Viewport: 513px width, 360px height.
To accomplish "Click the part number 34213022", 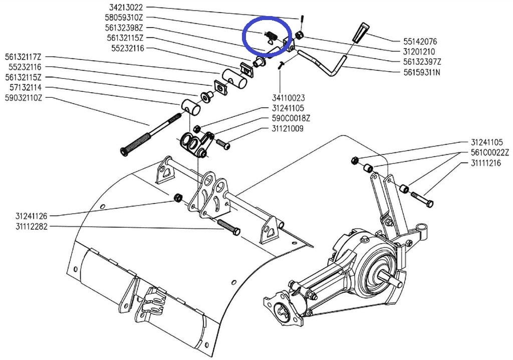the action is (x=126, y=7).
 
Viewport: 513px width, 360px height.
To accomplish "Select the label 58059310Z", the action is (x=124, y=18).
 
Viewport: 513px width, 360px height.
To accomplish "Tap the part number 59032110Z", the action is (x=23, y=98).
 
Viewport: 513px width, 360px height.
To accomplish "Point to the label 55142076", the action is (x=420, y=41).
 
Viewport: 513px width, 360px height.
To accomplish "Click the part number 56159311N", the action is (x=422, y=72).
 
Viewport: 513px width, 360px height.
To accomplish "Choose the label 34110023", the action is (x=288, y=98).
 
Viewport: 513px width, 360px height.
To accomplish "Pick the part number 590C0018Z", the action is (x=291, y=118).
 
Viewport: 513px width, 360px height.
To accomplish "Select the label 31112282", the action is (x=32, y=226).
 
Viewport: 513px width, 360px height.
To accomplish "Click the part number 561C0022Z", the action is (x=490, y=152).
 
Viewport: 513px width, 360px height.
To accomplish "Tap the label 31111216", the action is (x=486, y=163).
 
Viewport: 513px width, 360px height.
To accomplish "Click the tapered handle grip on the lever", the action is (x=360, y=32).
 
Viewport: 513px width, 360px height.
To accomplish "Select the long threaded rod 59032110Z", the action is (x=150, y=134).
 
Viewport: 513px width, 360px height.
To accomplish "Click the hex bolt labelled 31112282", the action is (x=228, y=227).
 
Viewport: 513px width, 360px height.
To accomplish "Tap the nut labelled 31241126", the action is (x=178, y=198).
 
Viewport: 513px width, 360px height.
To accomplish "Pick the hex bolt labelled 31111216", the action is (x=422, y=199).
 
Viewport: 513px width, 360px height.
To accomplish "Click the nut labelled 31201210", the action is (x=299, y=36).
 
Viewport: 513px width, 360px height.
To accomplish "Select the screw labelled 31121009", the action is (x=223, y=144).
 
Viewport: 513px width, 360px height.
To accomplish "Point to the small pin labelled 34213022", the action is (x=301, y=18).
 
